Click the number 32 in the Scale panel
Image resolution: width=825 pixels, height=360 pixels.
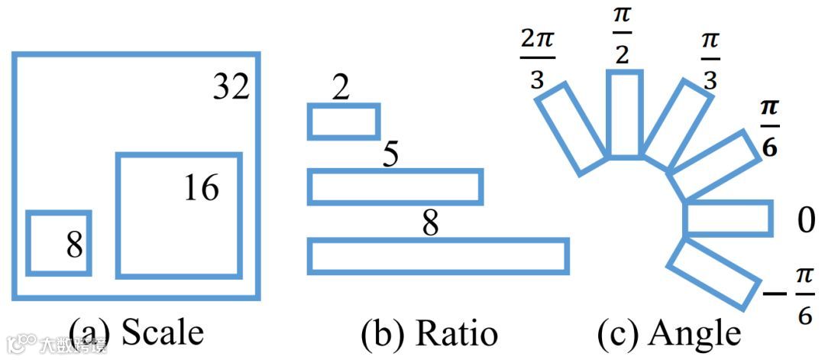coord(231,87)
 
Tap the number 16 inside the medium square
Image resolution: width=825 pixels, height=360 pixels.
coord(201,188)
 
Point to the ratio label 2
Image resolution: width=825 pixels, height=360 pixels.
coord(341,90)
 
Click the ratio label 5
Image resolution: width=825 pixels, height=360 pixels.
coord(390,155)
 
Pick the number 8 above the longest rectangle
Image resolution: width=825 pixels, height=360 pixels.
coord(431,225)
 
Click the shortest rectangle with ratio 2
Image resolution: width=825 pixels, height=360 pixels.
coord(344,122)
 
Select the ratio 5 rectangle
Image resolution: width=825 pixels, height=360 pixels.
coord(395,187)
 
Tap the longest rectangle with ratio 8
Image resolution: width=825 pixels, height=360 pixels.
coord(438,256)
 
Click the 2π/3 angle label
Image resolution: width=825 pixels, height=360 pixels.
coord(537,60)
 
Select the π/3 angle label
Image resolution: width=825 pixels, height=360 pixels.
coord(710,61)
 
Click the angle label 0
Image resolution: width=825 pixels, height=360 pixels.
coord(807,221)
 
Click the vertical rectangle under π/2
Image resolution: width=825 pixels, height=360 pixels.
coord(624,113)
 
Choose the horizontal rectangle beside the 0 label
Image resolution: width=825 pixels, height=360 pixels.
coord(728,218)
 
